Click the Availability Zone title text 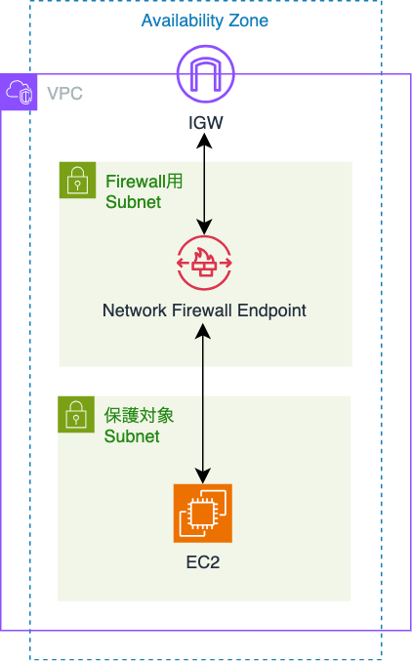[x=204, y=21]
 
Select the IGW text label [x=205, y=123]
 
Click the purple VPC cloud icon [x=19, y=92]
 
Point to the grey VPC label [x=64, y=94]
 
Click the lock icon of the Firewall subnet [x=77, y=180]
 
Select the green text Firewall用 [x=144, y=182]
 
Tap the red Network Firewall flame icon [x=204, y=264]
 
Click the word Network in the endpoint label [x=135, y=310]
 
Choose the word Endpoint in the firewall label [x=271, y=310]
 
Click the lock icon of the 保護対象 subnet [x=76, y=414]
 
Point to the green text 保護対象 [x=140, y=416]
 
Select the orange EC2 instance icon [x=203, y=514]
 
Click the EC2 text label [x=203, y=562]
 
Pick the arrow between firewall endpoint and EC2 [x=203, y=404]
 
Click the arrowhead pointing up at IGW [x=205, y=141]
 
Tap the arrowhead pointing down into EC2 [x=203, y=476]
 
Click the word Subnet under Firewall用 [x=133, y=202]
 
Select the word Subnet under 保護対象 [x=132, y=436]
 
